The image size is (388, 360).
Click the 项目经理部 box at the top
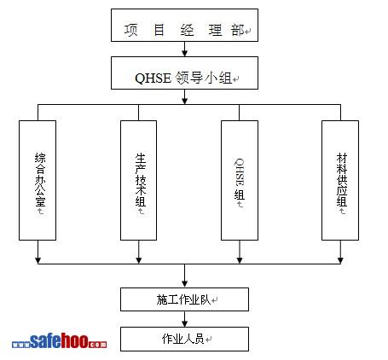tap(184, 25)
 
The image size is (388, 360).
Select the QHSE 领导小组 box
tap(184, 73)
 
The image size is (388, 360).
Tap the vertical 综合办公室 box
tap(38, 180)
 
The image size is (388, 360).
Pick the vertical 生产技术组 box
tap(138, 180)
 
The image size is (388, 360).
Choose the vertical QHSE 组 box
tap(240, 180)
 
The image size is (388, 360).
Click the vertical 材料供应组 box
tap(340, 180)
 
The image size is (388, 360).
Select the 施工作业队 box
tap(184, 299)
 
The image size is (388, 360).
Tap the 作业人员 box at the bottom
tap(184, 339)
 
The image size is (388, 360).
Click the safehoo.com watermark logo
tap(59, 340)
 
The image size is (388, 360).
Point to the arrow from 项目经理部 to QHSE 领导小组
tap(185, 49)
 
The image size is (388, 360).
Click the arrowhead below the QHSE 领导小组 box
tap(185, 101)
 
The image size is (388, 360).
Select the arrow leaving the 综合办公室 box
tap(38, 252)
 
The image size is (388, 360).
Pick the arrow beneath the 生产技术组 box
tap(139, 252)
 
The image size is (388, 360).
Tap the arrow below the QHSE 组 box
tap(240, 252)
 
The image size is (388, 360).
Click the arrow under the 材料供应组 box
tap(340, 252)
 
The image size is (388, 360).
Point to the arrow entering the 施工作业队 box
tap(185, 276)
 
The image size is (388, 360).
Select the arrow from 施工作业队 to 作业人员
tap(185, 319)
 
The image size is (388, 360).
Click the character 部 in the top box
tap(238, 30)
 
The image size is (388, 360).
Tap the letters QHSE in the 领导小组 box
tap(153, 78)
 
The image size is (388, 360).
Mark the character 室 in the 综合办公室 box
tap(40, 200)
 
